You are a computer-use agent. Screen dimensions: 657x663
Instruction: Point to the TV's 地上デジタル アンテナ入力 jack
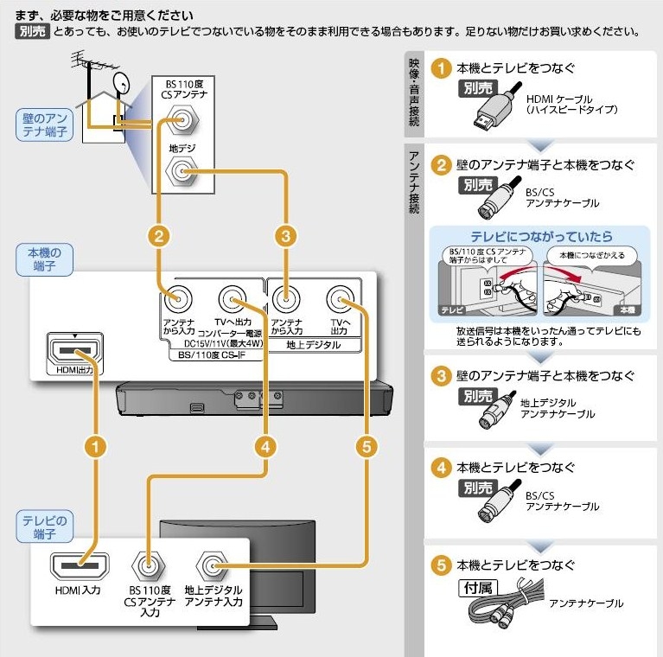[x=212, y=566]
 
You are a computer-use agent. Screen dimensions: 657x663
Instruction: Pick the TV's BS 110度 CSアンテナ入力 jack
[x=149, y=566]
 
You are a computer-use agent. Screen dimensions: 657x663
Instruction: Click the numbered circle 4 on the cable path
[x=268, y=446]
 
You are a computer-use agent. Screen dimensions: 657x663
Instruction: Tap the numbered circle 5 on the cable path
[x=367, y=446]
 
